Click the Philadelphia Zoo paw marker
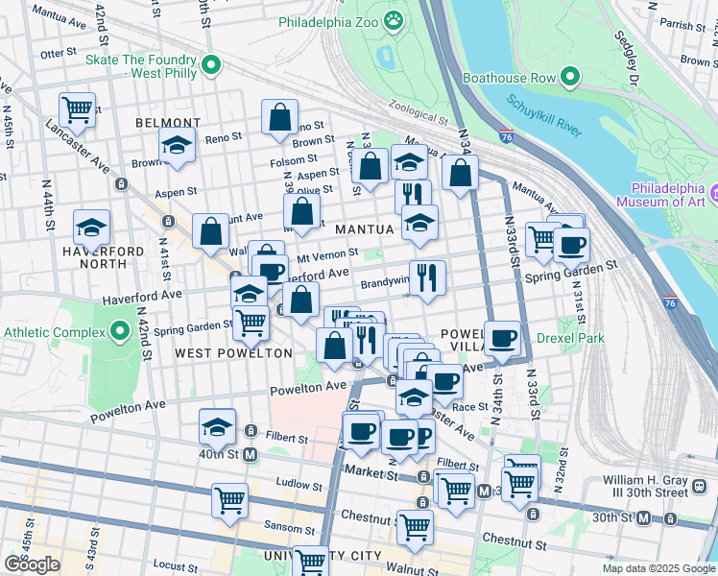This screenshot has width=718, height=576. click(x=393, y=20)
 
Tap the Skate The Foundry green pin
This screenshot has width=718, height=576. click(x=213, y=66)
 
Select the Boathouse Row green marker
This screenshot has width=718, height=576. click(x=571, y=76)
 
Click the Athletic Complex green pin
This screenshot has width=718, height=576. click(x=120, y=333)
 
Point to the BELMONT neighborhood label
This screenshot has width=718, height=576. click(x=168, y=123)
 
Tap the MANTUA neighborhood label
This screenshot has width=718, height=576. click(x=364, y=229)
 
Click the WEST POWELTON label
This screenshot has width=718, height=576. click(x=233, y=353)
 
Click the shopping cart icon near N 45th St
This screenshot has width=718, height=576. click(x=77, y=108)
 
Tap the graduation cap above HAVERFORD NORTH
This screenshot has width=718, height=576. click(x=91, y=228)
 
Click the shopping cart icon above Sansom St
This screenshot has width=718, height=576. click(x=230, y=499)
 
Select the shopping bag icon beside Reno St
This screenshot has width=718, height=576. click(x=279, y=117)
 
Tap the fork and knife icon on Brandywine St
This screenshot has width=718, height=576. click(x=427, y=276)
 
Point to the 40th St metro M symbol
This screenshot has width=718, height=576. click(x=251, y=453)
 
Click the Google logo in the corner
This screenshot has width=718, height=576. click(x=32, y=564)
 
